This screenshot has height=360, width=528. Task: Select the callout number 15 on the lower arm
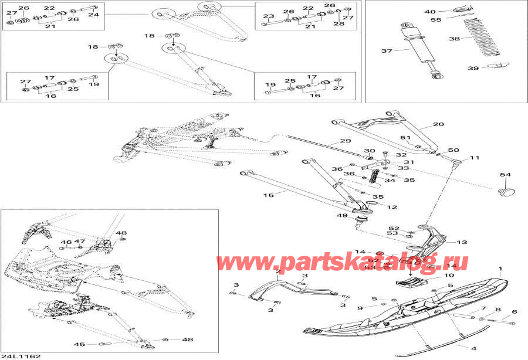pyautogui.click(x=268, y=195)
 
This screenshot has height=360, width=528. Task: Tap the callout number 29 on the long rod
pyautogui.click(x=344, y=141)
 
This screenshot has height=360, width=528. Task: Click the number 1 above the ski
pyautogui.click(x=500, y=270)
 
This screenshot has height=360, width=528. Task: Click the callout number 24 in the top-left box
pyautogui.click(x=93, y=14)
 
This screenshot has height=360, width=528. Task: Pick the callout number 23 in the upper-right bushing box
pyautogui.click(x=268, y=16)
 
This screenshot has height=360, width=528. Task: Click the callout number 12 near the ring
pyautogui.click(x=392, y=208)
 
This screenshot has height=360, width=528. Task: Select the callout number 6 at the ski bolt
pyautogui.click(x=515, y=312)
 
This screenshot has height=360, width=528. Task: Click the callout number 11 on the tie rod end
pyautogui.click(x=474, y=158)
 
